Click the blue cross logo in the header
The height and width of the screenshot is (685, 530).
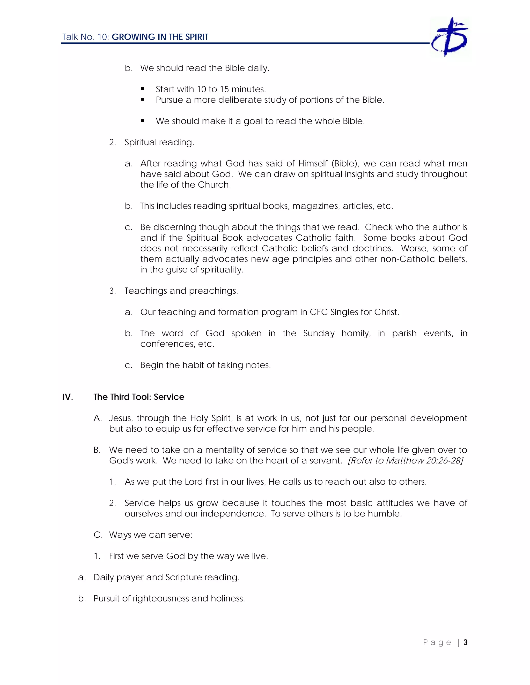tap(450, 37)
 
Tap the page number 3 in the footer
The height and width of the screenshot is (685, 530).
tap(465, 642)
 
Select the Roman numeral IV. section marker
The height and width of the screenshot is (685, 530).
tap(68, 397)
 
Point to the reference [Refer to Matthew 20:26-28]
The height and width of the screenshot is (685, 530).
tap(405, 460)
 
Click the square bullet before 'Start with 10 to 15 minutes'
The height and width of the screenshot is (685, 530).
tap(143, 89)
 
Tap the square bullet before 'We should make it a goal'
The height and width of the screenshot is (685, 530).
tap(143, 121)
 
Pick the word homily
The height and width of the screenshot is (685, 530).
tap(356, 333)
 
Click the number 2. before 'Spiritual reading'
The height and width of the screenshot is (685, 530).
tap(112, 142)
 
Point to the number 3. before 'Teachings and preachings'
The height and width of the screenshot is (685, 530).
tap(112, 291)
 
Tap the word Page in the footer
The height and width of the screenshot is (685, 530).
tap(437, 642)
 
